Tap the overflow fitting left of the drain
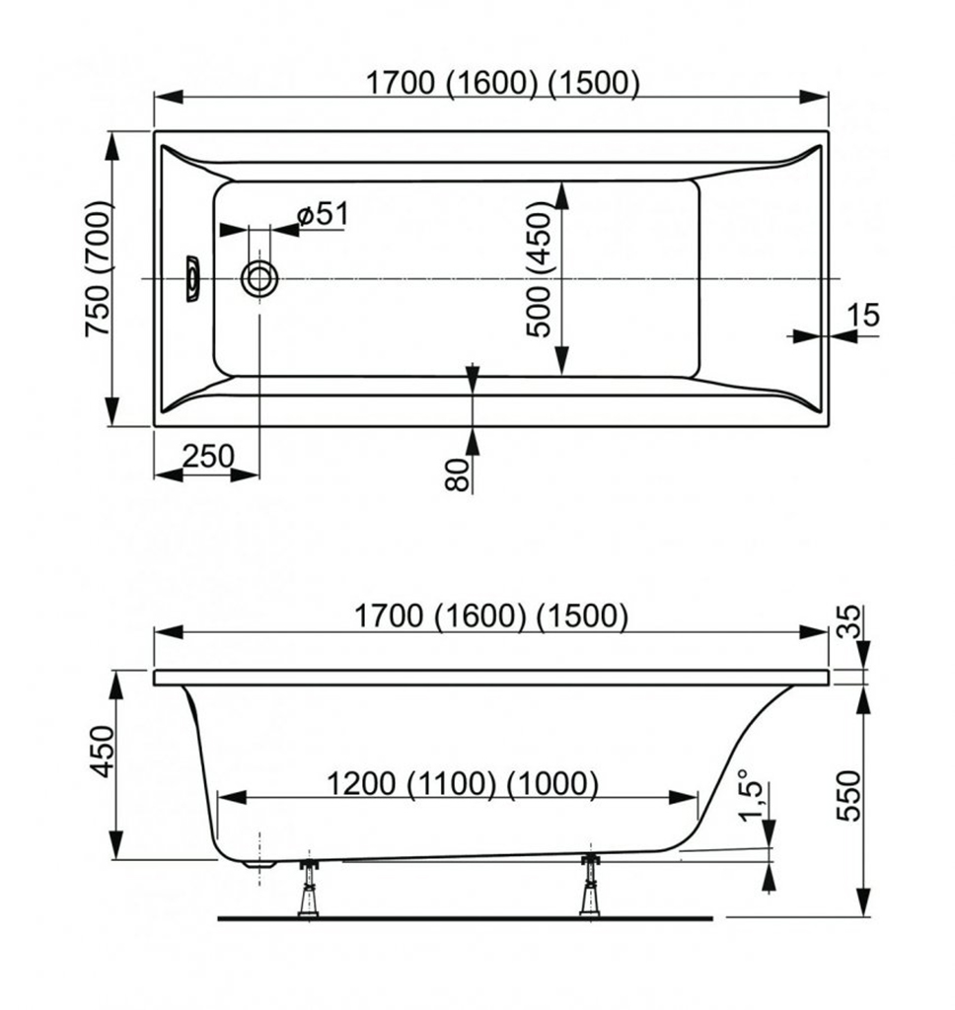pos(192,279)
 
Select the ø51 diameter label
pos(324,214)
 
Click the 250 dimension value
pos(207,457)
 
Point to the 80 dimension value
pos(457,474)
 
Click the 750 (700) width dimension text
pos(100,268)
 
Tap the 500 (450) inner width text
pos(540,269)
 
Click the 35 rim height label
pos(851,621)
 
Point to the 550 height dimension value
pos(848,796)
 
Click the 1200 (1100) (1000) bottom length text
pos(463,784)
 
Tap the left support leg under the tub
pos(309,888)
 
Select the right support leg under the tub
pos(589,885)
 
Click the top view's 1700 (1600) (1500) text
pos(503,83)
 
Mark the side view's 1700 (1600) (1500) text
pos(491,616)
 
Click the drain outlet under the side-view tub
pos(259,863)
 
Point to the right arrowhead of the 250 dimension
pos(245,475)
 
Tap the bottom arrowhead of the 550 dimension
pos(863,902)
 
